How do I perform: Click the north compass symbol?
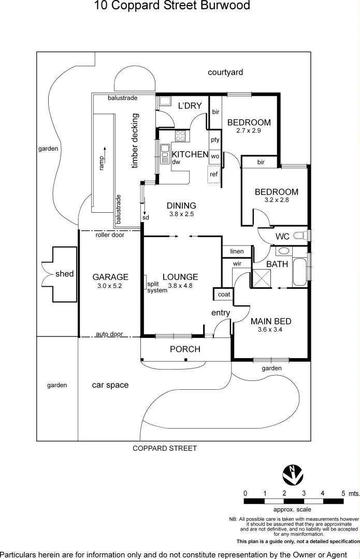point(293,475)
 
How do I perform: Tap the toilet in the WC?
point(301,236)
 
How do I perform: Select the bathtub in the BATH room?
point(299,272)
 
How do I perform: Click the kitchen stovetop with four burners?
point(180,136)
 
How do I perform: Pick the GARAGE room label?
point(110,277)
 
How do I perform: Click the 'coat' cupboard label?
point(224,295)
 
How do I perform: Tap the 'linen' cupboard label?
point(237,252)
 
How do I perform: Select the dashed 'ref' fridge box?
point(214,174)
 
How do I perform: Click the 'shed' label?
point(65,274)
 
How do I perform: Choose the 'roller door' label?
point(110,235)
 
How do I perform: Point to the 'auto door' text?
point(109,334)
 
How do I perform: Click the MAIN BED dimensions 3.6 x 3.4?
point(270,330)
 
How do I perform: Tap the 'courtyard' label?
point(225,72)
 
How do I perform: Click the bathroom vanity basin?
point(284,251)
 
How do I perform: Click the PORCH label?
point(185,349)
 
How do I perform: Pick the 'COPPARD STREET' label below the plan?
point(165,448)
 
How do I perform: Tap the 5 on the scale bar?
point(343,494)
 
